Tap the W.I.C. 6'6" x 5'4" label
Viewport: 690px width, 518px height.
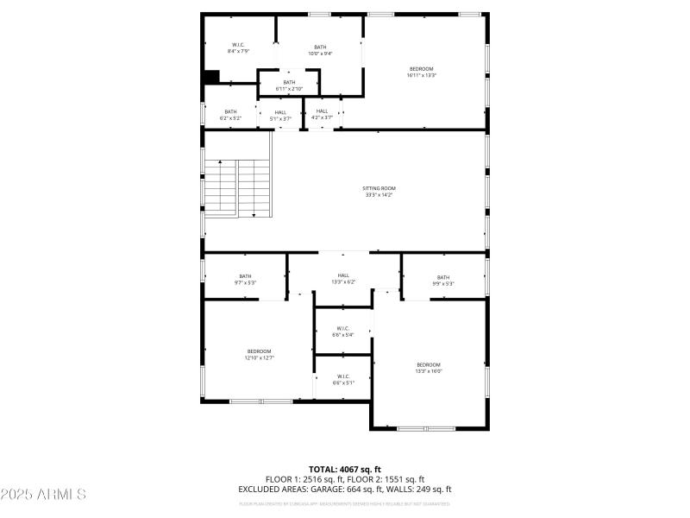342,331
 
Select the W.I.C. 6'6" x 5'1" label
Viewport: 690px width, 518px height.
342,379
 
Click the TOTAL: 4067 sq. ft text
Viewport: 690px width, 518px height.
344,469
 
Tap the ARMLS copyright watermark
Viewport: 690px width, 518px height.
43,495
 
